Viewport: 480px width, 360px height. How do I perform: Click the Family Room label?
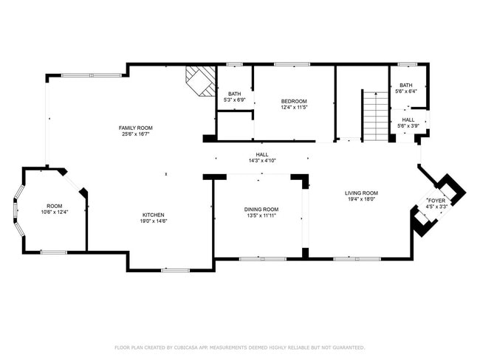tap(136, 128)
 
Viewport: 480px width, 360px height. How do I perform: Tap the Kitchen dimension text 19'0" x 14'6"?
tap(155, 221)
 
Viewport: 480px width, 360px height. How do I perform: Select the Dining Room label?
tap(261, 209)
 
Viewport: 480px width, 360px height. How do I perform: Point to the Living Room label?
tap(363, 193)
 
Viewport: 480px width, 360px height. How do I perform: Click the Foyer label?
tap(436, 201)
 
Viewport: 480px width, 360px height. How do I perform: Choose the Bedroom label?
tap(293, 101)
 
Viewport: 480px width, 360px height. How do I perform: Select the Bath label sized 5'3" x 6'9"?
tap(235, 94)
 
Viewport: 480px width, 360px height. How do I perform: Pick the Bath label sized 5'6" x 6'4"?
tap(407, 85)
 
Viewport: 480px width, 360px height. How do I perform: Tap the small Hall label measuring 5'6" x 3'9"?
tap(408, 120)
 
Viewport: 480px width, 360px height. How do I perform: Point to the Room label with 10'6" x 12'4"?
tap(55, 206)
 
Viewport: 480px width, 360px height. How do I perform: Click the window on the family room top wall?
tap(91, 75)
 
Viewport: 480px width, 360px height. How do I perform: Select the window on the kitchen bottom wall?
tap(175, 270)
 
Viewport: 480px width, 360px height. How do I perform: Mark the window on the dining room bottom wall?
tap(262, 258)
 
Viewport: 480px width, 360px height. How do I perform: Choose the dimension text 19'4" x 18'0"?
tap(363, 198)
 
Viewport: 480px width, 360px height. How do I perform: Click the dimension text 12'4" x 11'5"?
tap(293, 107)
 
